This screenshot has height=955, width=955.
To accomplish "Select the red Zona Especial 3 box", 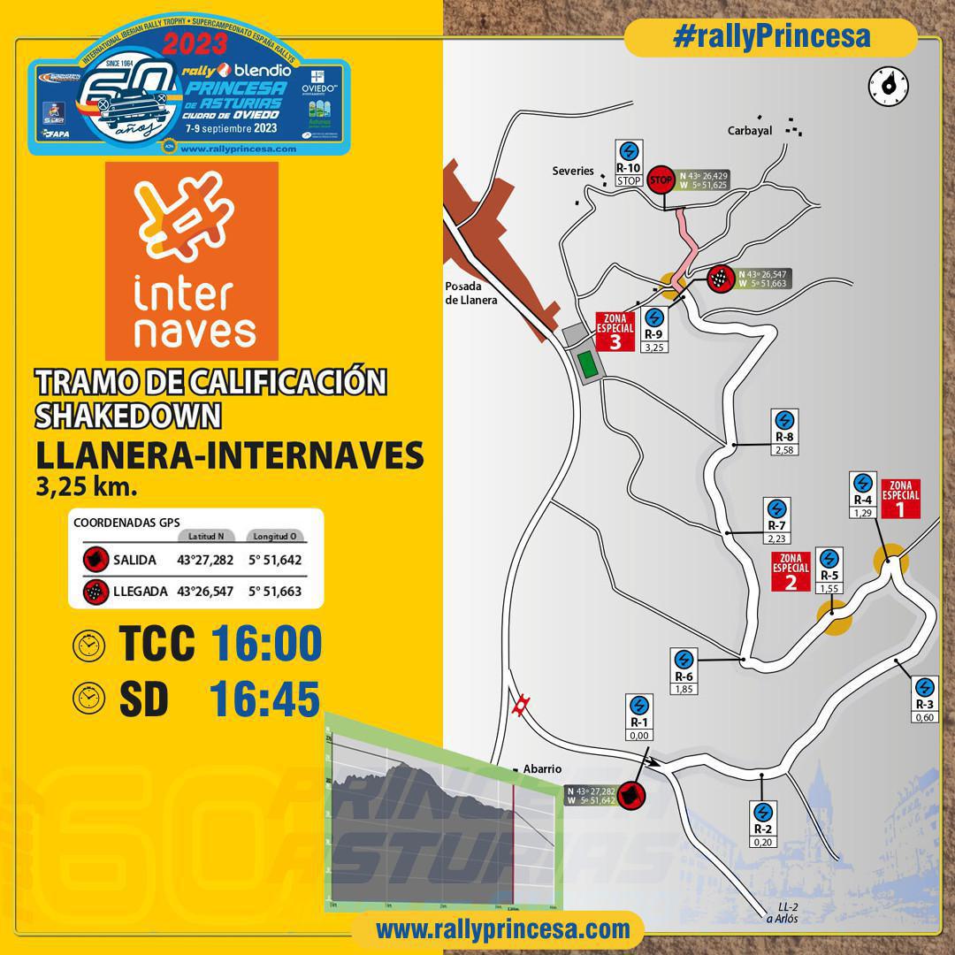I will pyautogui.click(x=615, y=332).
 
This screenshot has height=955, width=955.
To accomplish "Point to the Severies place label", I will pyautogui.click(x=573, y=171).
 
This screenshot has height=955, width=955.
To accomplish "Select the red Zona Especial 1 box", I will pyautogui.click(x=900, y=500).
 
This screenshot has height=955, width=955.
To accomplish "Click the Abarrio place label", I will pyautogui.click(x=542, y=769).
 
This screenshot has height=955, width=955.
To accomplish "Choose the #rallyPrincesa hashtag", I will pyautogui.click(x=771, y=36).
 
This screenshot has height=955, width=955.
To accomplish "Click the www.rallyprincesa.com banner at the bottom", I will pyautogui.click(x=502, y=929).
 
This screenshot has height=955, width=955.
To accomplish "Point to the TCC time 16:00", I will pyautogui.click(x=266, y=645).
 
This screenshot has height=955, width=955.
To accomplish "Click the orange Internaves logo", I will pyautogui.click(x=191, y=256).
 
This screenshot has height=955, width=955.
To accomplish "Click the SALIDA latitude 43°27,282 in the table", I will pyautogui.click(x=205, y=560).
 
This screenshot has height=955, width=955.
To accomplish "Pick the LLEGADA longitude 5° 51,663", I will pyautogui.click(x=275, y=592).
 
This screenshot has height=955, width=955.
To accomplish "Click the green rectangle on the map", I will pyautogui.click(x=585, y=363).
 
